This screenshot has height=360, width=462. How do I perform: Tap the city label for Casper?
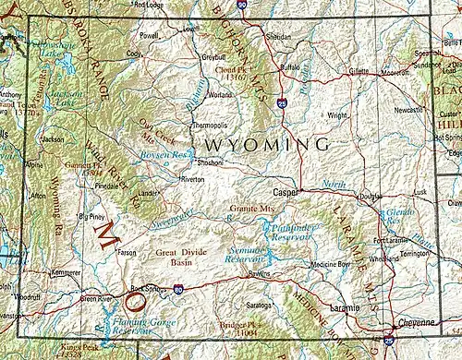(286, 193)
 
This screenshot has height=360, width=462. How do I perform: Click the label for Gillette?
(359, 71)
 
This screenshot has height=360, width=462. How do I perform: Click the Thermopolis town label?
(207, 124)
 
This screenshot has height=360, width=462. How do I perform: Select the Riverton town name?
(191, 179)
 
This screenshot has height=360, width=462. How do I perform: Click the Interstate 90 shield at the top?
(241, 6)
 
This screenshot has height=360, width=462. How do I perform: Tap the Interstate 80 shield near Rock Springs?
(176, 289)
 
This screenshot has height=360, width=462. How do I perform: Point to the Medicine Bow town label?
(329, 266)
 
